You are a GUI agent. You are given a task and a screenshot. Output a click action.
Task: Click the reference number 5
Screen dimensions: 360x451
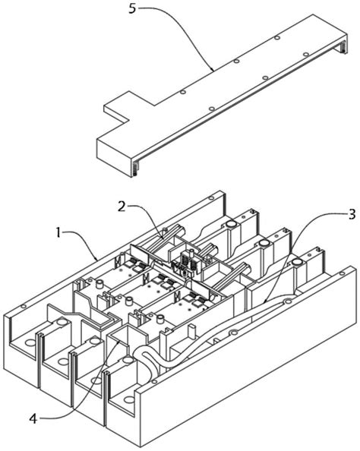pyautogui.click(x=132, y=8)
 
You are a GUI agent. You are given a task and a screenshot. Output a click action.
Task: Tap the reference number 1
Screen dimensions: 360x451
pyautogui.click(x=58, y=232)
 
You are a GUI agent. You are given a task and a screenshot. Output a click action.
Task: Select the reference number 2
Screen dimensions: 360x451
pyautogui.click(x=122, y=207)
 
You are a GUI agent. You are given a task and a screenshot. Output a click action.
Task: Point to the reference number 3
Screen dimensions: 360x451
pyautogui.click(x=352, y=215)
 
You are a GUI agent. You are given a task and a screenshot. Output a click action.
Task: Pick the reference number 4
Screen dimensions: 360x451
pyautogui.click(x=33, y=419)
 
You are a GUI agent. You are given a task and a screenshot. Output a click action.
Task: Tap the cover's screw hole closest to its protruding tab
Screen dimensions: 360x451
pyautogui.click(x=182, y=93)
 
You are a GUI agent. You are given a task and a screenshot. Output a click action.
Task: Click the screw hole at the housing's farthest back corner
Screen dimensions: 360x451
pyautogui.click(x=211, y=198)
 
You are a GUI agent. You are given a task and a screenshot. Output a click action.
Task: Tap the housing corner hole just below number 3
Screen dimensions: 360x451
pyautogui.click(x=342, y=273)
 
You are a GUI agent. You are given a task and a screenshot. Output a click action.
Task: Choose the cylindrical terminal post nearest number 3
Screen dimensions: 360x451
pyautogui.click(x=296, y=262)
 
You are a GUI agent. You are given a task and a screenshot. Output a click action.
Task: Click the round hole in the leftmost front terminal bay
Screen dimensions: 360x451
pyautogui.click(x=30, y=342)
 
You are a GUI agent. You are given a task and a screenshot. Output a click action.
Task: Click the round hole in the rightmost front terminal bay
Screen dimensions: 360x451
pyautogui.click(x=130, y=399)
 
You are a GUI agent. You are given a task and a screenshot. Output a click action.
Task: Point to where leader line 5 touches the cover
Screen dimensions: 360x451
pyautogui.click(x=212, y=69)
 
